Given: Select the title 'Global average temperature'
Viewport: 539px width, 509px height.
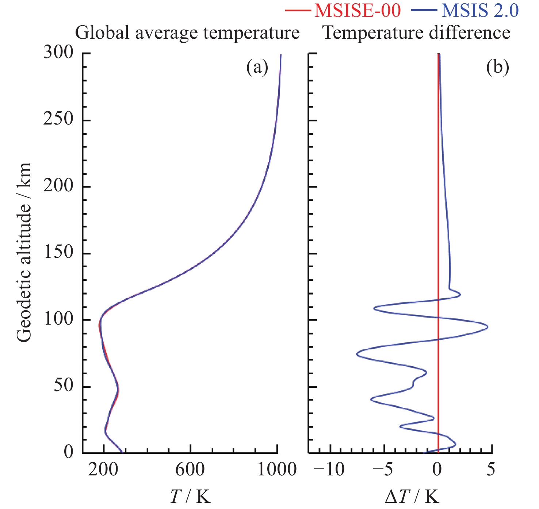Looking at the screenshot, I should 187,33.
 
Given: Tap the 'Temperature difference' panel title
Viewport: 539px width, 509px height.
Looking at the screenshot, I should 416,33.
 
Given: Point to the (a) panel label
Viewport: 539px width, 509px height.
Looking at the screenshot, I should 257,68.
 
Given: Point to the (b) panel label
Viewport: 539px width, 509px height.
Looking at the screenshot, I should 497,68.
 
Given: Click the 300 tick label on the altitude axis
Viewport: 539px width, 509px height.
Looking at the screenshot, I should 58,53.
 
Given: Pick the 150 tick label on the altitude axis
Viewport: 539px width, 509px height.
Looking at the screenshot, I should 58,253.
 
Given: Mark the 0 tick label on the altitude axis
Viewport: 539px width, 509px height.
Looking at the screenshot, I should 69,452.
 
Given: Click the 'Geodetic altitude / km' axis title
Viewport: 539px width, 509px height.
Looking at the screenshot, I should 24,253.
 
